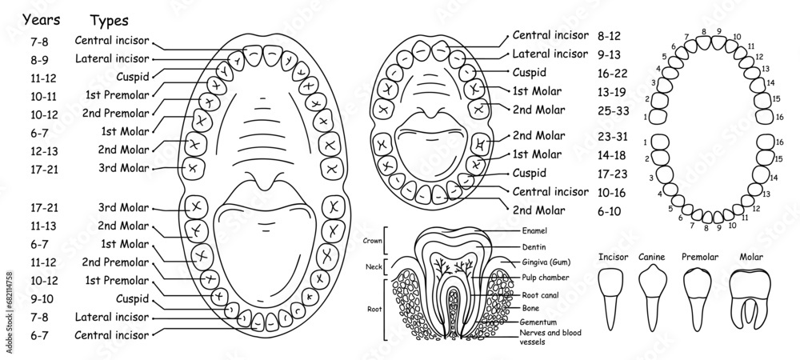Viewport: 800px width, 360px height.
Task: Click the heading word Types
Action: tap(108, 20)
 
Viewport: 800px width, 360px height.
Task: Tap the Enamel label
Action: tap(534, 230)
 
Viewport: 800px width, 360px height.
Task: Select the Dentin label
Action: tap(532, 246)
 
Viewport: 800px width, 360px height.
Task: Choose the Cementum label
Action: tap(538, 321)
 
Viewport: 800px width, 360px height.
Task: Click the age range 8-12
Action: tap(612, 36)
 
